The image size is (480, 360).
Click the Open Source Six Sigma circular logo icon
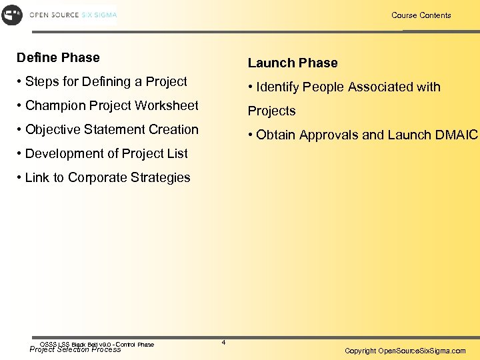[x=12, y=15]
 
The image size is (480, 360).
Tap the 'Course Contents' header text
[x=421, y=15]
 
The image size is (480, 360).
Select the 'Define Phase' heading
[x=58, y=58]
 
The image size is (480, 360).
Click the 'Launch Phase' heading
[x=293, y=63]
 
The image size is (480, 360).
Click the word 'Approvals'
[x=327, y=135]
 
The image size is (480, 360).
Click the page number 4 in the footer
[x=223, y=343]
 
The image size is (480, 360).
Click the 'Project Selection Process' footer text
[x=75, y=349]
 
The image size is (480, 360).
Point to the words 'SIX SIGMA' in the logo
[x=99, y=15]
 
